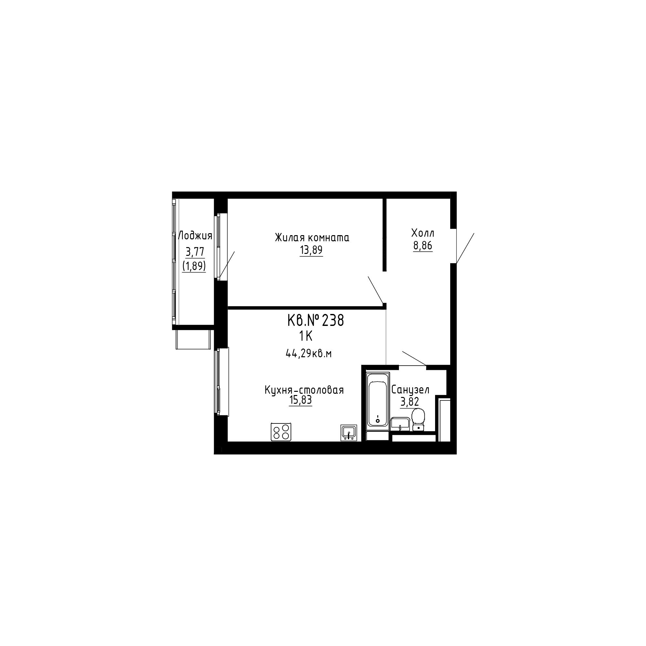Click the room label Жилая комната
click(312, 237)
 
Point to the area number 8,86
click(422, 245)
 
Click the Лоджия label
click(195, 236)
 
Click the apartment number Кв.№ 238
click(316, 321)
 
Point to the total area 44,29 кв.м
click(308, 353)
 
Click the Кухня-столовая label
click(304, 390)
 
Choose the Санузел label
click(410, 390)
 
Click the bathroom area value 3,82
click(410, 401)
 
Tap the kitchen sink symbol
click(349, 433)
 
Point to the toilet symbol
click(418, 420)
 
